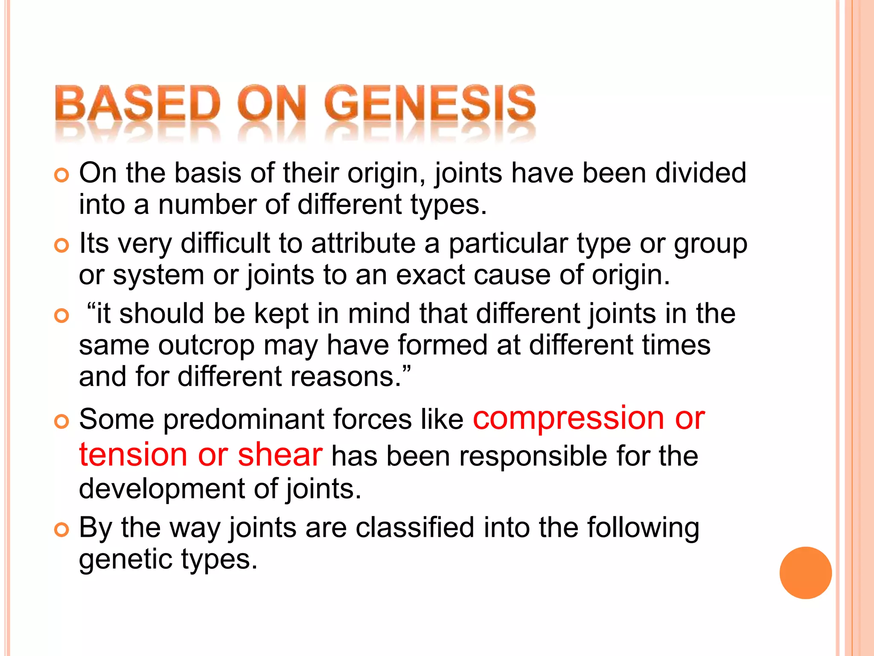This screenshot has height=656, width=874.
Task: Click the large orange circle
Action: click(x=805, y=573)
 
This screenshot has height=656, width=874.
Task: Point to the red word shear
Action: click(x=280, y=454)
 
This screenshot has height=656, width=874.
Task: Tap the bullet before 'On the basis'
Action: click(x=62, y=175)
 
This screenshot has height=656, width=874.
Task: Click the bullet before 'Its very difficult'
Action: click(x=62, y=245)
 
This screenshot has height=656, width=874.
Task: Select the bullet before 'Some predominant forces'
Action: click(x=62, y=421)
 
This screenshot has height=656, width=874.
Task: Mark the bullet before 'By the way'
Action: click(x=62, y=530)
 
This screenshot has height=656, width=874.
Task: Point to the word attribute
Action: click(x=363, y=243)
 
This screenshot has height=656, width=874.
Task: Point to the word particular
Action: click(x=508, y=243)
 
